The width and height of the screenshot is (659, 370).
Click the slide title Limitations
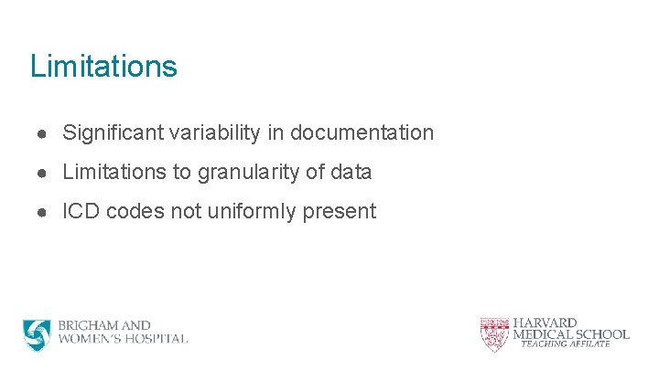103,66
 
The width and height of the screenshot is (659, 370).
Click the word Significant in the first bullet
110,132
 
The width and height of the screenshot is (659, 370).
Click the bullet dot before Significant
43,133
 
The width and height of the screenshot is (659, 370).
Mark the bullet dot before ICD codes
43,212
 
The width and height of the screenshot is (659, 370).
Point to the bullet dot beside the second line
43,173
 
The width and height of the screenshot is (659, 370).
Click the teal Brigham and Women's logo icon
38,334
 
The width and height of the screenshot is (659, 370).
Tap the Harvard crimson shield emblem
493,333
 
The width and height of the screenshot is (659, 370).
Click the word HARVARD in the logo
545,322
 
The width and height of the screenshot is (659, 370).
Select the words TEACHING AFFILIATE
566,344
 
